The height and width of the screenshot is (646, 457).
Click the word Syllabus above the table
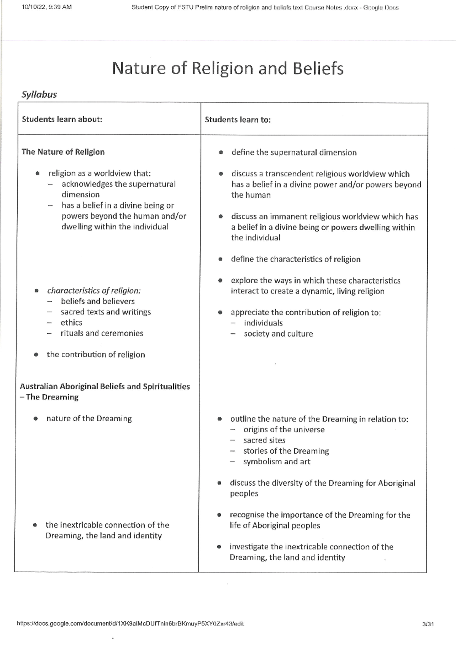pyautogui.click(x=39, y=94)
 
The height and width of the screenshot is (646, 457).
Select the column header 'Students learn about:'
pyautogui.click(x=62, y=119)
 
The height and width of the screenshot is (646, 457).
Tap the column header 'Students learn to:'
pyautogui.click(x=238, y=120)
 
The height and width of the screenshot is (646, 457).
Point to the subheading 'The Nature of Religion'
pyautogui.click(x=63, y=152)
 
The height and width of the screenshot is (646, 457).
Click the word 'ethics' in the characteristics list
pyautogui.click(x=72, y=323)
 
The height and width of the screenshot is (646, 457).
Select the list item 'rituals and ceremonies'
pyautogui.click(x=102, y=333)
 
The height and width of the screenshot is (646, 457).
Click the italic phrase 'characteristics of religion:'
pyautogui.click(x=94, y=291)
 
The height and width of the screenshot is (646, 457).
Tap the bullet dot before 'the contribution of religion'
pyautogui.click(x=36, y=355)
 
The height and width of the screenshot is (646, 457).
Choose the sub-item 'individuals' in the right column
pyautogui.click(x=263, y=323)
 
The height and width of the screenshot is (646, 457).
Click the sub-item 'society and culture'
pyautogui.click(x=278, y=334)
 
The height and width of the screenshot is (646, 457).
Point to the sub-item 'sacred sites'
pyautogui.click(x=264, y=440)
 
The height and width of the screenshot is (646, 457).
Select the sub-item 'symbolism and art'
pyautogui.click(x=277, y=462)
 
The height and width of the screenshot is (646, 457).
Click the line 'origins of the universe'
pyautogui.click(x=284, y=430)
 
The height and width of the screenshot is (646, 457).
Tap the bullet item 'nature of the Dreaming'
pyautogui.click(x=89, y=419)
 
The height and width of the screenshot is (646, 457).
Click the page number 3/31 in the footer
pyautogui.click(x=428, y=624)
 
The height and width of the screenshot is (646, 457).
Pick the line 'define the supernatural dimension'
pyautogui.click(x=294, y=153)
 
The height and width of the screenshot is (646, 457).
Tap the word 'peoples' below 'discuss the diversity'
pyautogui.click(x=244, y=494)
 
